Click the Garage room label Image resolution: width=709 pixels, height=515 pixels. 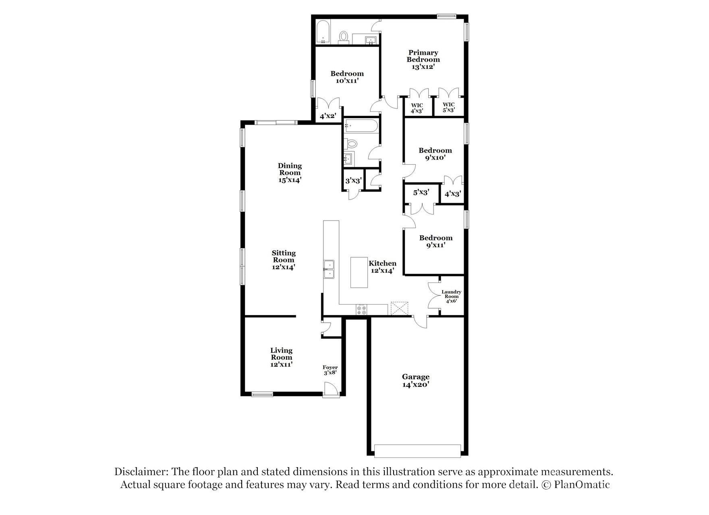click(x=415, y=381)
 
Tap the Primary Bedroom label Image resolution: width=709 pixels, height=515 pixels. click(x=423, y=60)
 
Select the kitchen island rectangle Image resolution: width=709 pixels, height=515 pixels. click(x=359, y=272)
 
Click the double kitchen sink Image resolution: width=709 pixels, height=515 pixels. click(x=329, y=269)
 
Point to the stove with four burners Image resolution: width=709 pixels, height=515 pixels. click(x=361, y=310)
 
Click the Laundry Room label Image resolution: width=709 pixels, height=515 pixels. click(x=451, y=296)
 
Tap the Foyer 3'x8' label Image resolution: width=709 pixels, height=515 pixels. click(x=330, y=370)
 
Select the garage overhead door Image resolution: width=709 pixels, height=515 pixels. click(x=417, y=451)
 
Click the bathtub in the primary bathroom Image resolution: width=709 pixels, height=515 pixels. click(x=323, y=32)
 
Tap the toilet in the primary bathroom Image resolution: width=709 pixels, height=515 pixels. click(x=344, y=37)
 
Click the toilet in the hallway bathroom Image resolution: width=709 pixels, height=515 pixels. click(x=351, y=143)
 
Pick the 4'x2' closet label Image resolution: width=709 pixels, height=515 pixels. click(x=328, y=116)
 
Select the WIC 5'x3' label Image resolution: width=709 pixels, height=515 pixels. click(x=448, y=107)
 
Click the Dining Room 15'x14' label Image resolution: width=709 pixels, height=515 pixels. click(x=290, y=173)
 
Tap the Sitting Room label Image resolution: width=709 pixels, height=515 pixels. click(x=284, y=260)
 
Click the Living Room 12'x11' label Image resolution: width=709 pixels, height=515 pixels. click(x=281, y=357)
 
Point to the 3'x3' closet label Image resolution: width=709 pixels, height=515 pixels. click(x=353, y=181)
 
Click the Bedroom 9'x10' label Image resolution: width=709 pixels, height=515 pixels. click(x=435, y=154)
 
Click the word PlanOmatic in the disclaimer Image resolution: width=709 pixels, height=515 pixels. click(x=582, y=484)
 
